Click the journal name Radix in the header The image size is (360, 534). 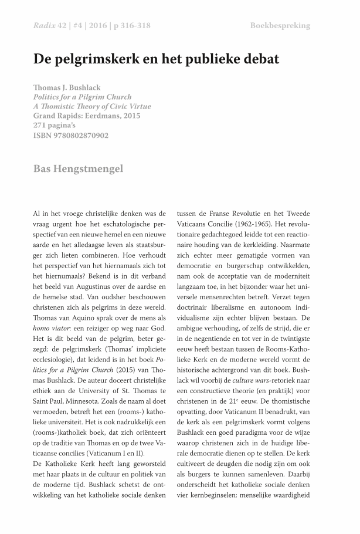[x=43, y=26]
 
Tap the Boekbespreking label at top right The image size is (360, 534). [x=280, y=26]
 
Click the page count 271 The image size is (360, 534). [x=41, y=126]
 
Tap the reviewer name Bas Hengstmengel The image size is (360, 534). [x=78, y=169]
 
